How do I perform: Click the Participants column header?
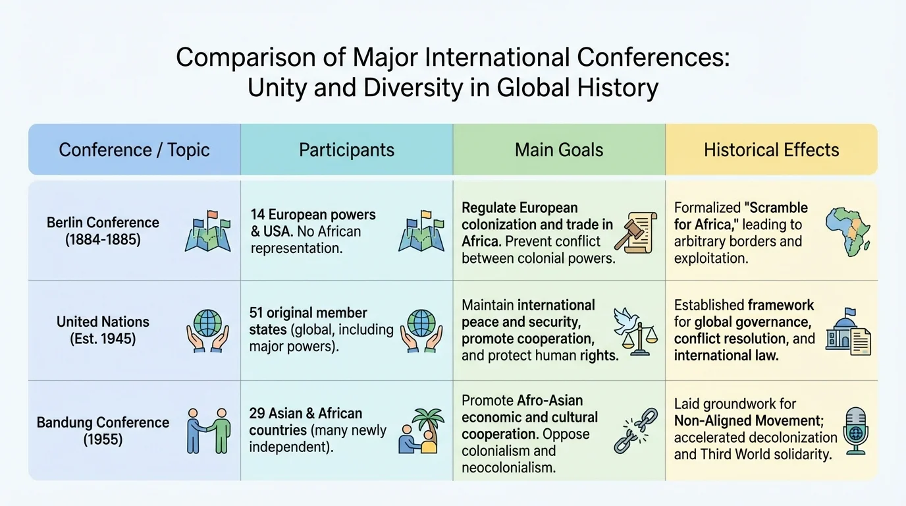[346, 150]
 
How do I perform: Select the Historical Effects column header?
[771, 150]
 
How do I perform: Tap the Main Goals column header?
[559, 150]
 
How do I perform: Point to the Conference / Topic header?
[134, 150]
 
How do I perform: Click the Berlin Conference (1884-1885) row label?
[103, 231]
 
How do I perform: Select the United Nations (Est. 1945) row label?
[103, 330]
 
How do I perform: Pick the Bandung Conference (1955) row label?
[103, 430]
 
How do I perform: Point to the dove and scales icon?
[632, 330]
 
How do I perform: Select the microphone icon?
[856, 430]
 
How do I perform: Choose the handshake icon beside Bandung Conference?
[208, 430]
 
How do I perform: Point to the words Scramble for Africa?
[741, 216]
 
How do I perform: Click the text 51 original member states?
[308, 320]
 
